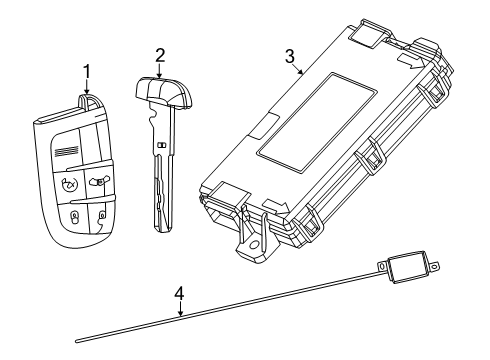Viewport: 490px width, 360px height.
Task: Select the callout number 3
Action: tap(290, 56)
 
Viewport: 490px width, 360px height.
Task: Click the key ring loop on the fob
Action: tap(86, 101)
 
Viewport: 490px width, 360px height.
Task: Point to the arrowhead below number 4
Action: tap(180, 314)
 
